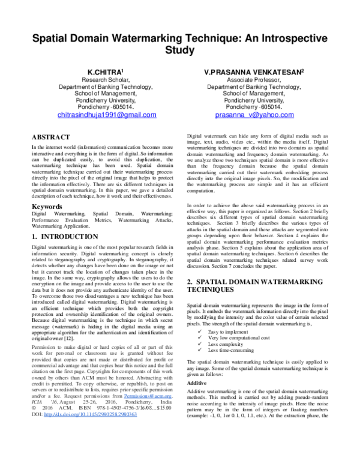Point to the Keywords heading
[x=48, y=207]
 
